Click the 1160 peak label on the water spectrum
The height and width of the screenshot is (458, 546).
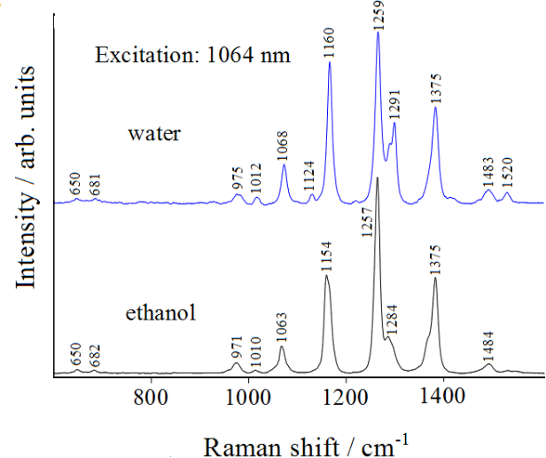(330, 42)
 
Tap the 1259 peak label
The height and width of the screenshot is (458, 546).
(378, 16)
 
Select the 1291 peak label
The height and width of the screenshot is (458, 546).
(394, 104)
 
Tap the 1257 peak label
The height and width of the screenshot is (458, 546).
(368, 220)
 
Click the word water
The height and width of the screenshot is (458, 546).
(154, 134)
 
